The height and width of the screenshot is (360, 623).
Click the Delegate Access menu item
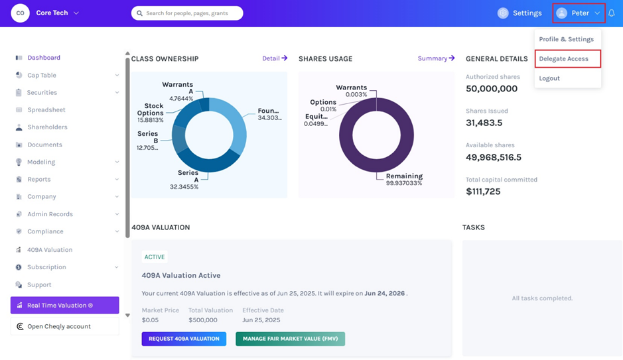563,59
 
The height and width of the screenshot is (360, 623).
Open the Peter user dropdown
579,13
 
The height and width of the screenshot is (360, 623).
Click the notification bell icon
612,13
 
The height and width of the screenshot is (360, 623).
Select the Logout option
549,78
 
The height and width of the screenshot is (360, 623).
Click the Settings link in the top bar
519,13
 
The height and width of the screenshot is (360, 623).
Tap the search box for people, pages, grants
187,13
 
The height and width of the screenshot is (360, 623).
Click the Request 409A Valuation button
184,339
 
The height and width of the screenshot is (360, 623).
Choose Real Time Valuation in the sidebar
65,305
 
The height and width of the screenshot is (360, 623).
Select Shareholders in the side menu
47,127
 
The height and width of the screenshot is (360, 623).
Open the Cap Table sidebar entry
42,75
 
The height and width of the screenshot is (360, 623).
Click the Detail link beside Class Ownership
275,58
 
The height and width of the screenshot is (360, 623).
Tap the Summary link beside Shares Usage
437,58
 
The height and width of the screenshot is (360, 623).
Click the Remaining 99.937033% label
404,180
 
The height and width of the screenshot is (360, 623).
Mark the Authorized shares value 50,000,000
492,89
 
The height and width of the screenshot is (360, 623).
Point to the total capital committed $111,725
483,192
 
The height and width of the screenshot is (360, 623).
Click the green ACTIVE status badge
155,257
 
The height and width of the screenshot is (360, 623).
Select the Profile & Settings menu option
566,39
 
